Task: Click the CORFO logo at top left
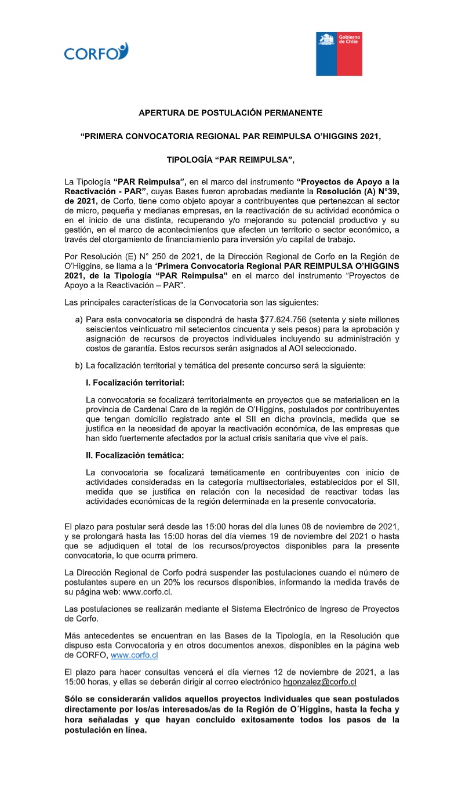[96, 52]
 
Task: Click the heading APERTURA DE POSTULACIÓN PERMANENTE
[230, 112]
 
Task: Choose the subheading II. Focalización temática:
[135, 455]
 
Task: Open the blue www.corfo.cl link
[134, 655]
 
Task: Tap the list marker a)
[79, 320]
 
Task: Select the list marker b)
[79, 365]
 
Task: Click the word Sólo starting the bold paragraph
[74, 699]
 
